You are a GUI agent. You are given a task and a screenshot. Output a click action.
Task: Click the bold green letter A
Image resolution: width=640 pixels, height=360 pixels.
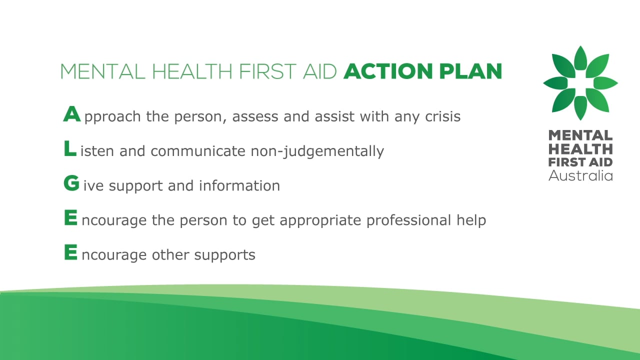71,114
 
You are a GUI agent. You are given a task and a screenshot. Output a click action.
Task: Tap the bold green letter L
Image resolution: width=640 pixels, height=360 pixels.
70,149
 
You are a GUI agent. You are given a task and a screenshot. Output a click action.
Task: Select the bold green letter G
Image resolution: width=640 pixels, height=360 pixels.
71,184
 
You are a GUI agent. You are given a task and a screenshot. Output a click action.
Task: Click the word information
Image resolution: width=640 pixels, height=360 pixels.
239,185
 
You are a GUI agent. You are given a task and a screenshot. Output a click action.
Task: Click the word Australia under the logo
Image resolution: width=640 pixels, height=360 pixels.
580,175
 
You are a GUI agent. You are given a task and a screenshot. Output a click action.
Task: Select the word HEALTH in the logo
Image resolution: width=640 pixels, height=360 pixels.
580,148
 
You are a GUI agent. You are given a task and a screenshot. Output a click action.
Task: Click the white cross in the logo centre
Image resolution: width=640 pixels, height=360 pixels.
580,83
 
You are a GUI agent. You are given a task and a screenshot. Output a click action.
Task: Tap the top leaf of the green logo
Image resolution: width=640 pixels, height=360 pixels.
580,58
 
